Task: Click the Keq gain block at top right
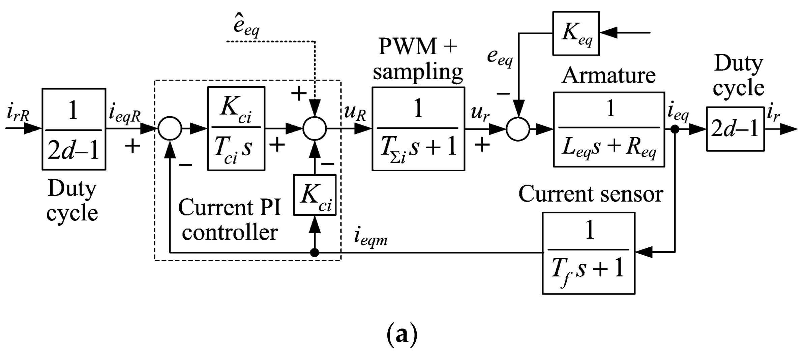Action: [576, 33]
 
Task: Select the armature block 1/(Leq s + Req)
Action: [609, 129]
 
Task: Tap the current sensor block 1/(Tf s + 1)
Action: [588, 253]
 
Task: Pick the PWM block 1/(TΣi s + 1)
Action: [418, 129]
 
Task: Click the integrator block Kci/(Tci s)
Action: [236, 128]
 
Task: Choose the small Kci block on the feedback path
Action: [315, 195]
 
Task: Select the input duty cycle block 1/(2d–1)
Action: [74, 129]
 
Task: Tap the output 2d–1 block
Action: [735, 129]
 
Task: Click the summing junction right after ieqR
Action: [170, 128]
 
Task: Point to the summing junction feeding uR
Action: [315, 128]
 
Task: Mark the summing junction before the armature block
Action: [518, 129]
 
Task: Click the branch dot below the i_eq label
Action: [675, 129]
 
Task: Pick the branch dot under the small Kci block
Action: [315, 252]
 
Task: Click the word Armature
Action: [608, 75]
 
